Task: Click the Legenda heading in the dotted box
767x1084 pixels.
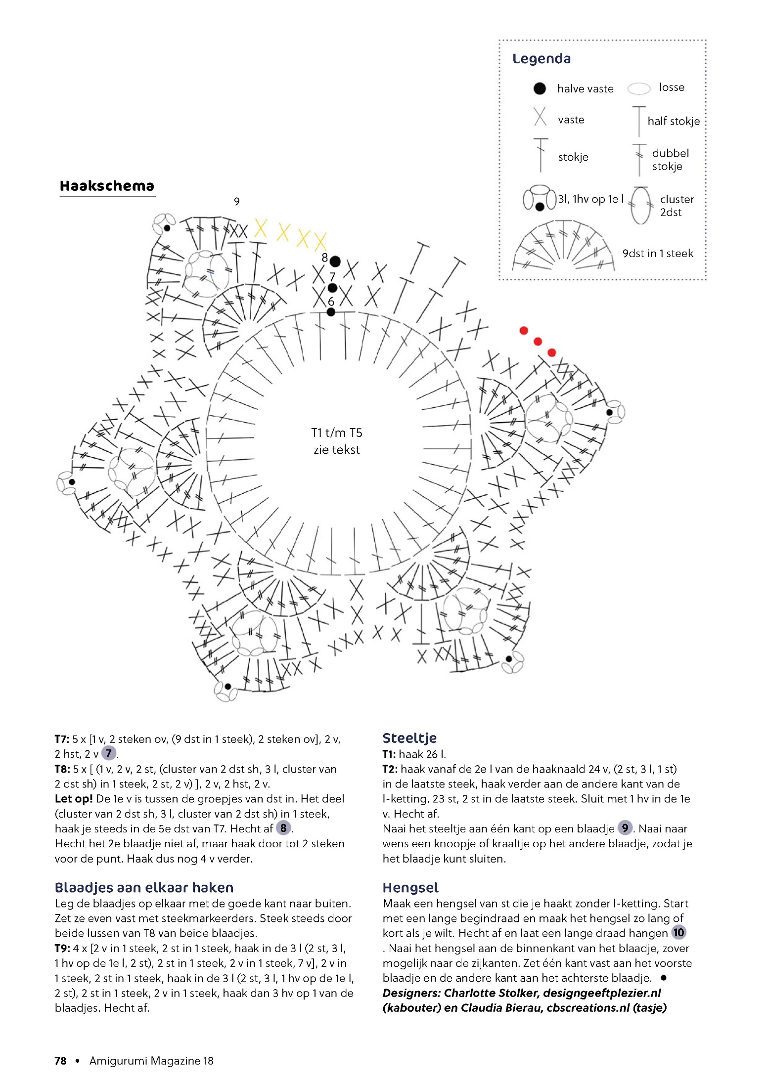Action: [x=541, y=59]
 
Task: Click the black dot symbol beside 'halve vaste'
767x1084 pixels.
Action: [x=540, y=88]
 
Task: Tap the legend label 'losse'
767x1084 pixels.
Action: [x=672, y=87]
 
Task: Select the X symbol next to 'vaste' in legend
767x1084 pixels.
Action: [x=540, y=117]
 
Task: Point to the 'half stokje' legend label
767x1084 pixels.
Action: [x=674, y=121]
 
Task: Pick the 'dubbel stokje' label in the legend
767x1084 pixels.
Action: [x=670, y=160]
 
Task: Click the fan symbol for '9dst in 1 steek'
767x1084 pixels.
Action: [x=563, y=247]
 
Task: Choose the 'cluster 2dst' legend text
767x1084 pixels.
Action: [x=677, y=206]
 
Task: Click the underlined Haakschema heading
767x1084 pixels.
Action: [x=107, y=186]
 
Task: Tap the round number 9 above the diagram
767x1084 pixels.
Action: [x=237, y=202]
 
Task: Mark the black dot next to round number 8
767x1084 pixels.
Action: [x=335, y=261]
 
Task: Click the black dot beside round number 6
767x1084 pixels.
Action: [x=331, y=312]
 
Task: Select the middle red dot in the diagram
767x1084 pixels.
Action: [x=538, y=342]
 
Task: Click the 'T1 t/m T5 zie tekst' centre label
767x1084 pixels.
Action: [x=337, y=441]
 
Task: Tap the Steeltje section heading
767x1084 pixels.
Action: [x=409, y=738]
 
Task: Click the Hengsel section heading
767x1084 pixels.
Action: [x=410, y=888]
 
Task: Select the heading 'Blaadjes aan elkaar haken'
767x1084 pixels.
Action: [x=144, y=888]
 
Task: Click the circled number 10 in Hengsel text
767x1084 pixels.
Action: [x=678, y=933]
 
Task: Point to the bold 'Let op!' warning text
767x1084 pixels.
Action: [x=74, y=799]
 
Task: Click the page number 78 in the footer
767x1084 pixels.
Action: [x=60, y=1061]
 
